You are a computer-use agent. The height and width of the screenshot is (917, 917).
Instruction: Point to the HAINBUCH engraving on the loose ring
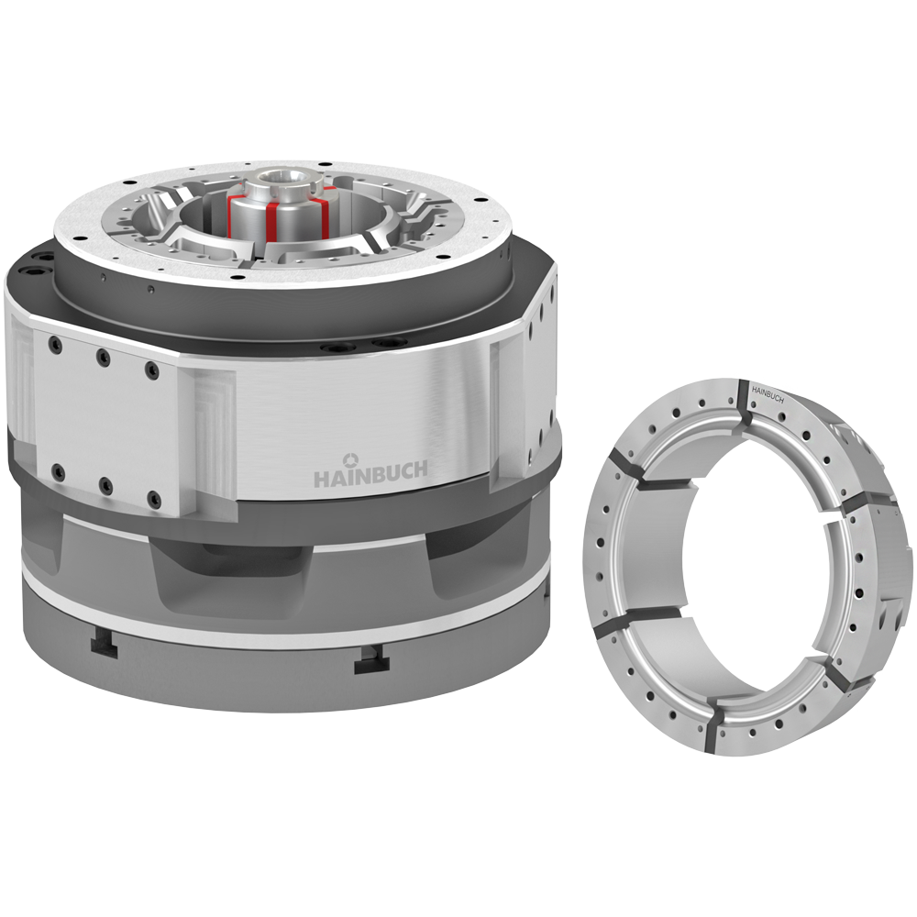point(768,394)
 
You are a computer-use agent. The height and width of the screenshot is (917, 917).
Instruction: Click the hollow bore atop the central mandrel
point(280,176)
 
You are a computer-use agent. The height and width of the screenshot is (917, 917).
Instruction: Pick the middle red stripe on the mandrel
point(271,221)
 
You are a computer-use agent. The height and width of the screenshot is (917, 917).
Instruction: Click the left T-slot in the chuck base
point(105,645)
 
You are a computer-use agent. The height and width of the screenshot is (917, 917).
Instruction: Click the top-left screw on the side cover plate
point(56,347)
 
